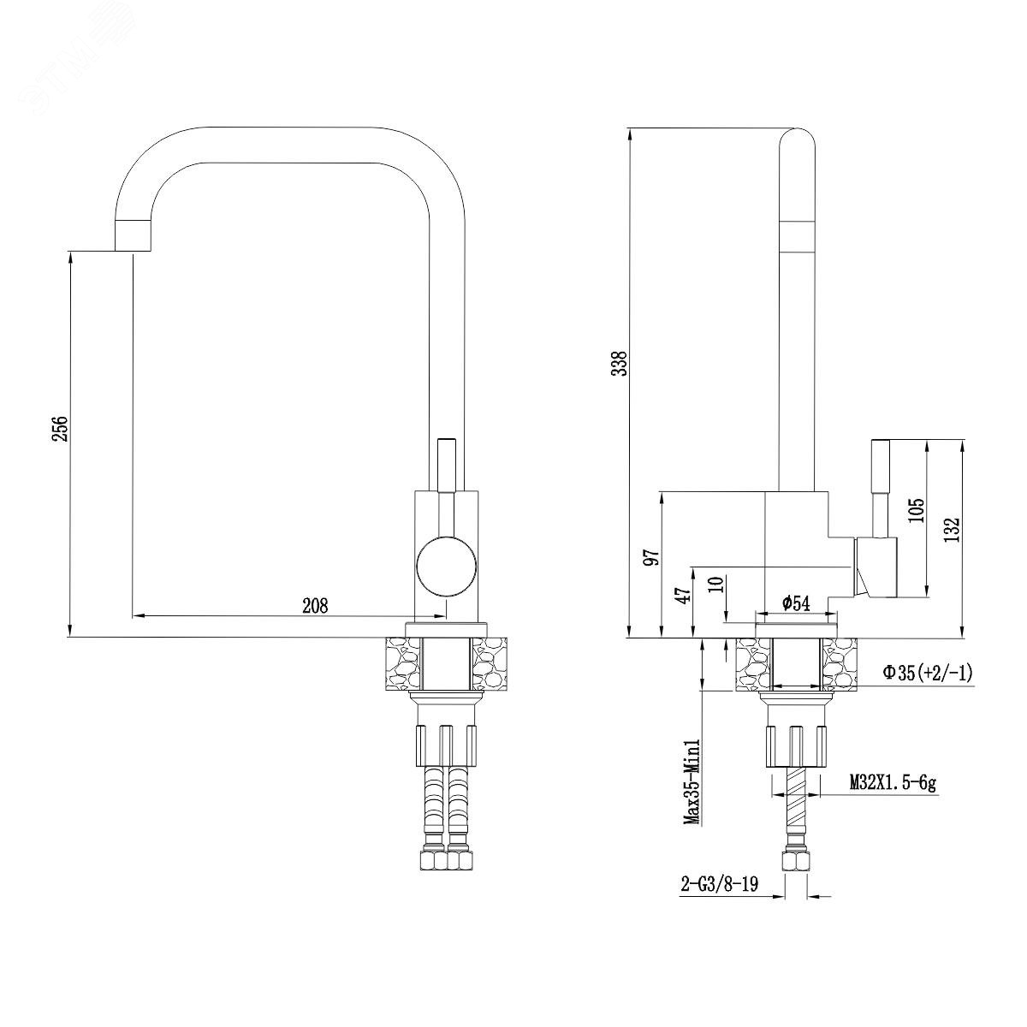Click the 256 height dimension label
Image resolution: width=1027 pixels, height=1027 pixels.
coord(62,428)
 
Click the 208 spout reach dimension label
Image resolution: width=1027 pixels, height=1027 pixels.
coord(316,605)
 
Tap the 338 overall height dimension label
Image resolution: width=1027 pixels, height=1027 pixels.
coord(620,364)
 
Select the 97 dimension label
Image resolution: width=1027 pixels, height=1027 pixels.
coord(652,557)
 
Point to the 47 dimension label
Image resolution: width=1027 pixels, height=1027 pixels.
coord(685,592)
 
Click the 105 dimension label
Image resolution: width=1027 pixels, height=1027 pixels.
coord(917,510)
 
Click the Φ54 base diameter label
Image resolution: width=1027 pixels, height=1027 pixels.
coord(796,603)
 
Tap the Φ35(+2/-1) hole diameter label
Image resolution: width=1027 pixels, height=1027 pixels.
coord(928,674)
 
